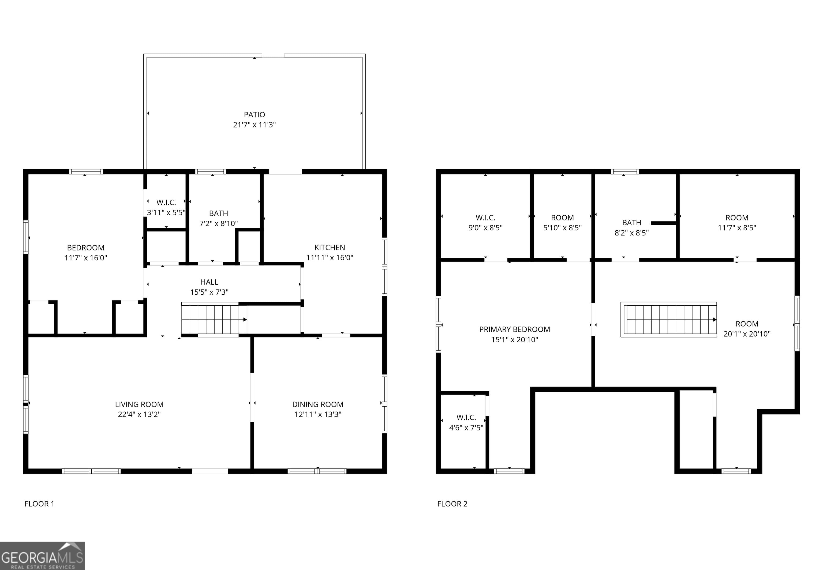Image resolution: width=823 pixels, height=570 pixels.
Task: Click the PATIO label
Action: [254, 115]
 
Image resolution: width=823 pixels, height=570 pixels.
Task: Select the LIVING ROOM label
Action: [139, 404]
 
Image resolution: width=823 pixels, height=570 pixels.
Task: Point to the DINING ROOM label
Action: [317, 404]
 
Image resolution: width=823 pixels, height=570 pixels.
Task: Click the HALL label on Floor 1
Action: [209, 282]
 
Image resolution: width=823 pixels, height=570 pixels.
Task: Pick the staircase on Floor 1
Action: [214, 319]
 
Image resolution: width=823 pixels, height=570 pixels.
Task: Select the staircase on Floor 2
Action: [668, 319]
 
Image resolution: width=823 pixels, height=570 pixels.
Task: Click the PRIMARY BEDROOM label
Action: [514, 329]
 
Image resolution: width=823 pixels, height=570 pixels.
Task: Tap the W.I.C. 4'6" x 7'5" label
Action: [466, 422]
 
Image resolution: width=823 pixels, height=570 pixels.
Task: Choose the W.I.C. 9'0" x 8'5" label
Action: [485, 223]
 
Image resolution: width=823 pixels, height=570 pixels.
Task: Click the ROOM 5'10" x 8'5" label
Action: [562, 223]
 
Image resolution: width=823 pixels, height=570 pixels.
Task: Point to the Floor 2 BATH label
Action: [631, 223]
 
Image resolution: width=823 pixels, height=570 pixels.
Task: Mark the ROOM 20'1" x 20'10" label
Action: [747, 329]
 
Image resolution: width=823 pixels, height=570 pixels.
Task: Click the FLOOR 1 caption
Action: [39, 504]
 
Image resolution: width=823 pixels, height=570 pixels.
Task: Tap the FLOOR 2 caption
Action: [452, 504]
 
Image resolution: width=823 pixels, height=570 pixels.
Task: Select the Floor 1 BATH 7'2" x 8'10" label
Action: [218, 218]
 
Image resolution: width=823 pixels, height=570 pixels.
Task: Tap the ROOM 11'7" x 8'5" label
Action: [737, 223]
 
